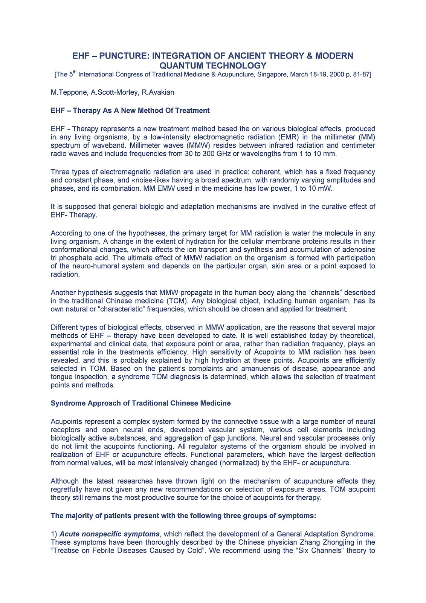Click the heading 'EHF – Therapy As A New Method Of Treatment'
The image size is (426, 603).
[x=130, y=110]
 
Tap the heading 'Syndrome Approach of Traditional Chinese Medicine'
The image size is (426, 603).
[x=140, y=403]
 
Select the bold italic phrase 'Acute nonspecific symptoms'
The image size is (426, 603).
[x=110, y=534]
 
